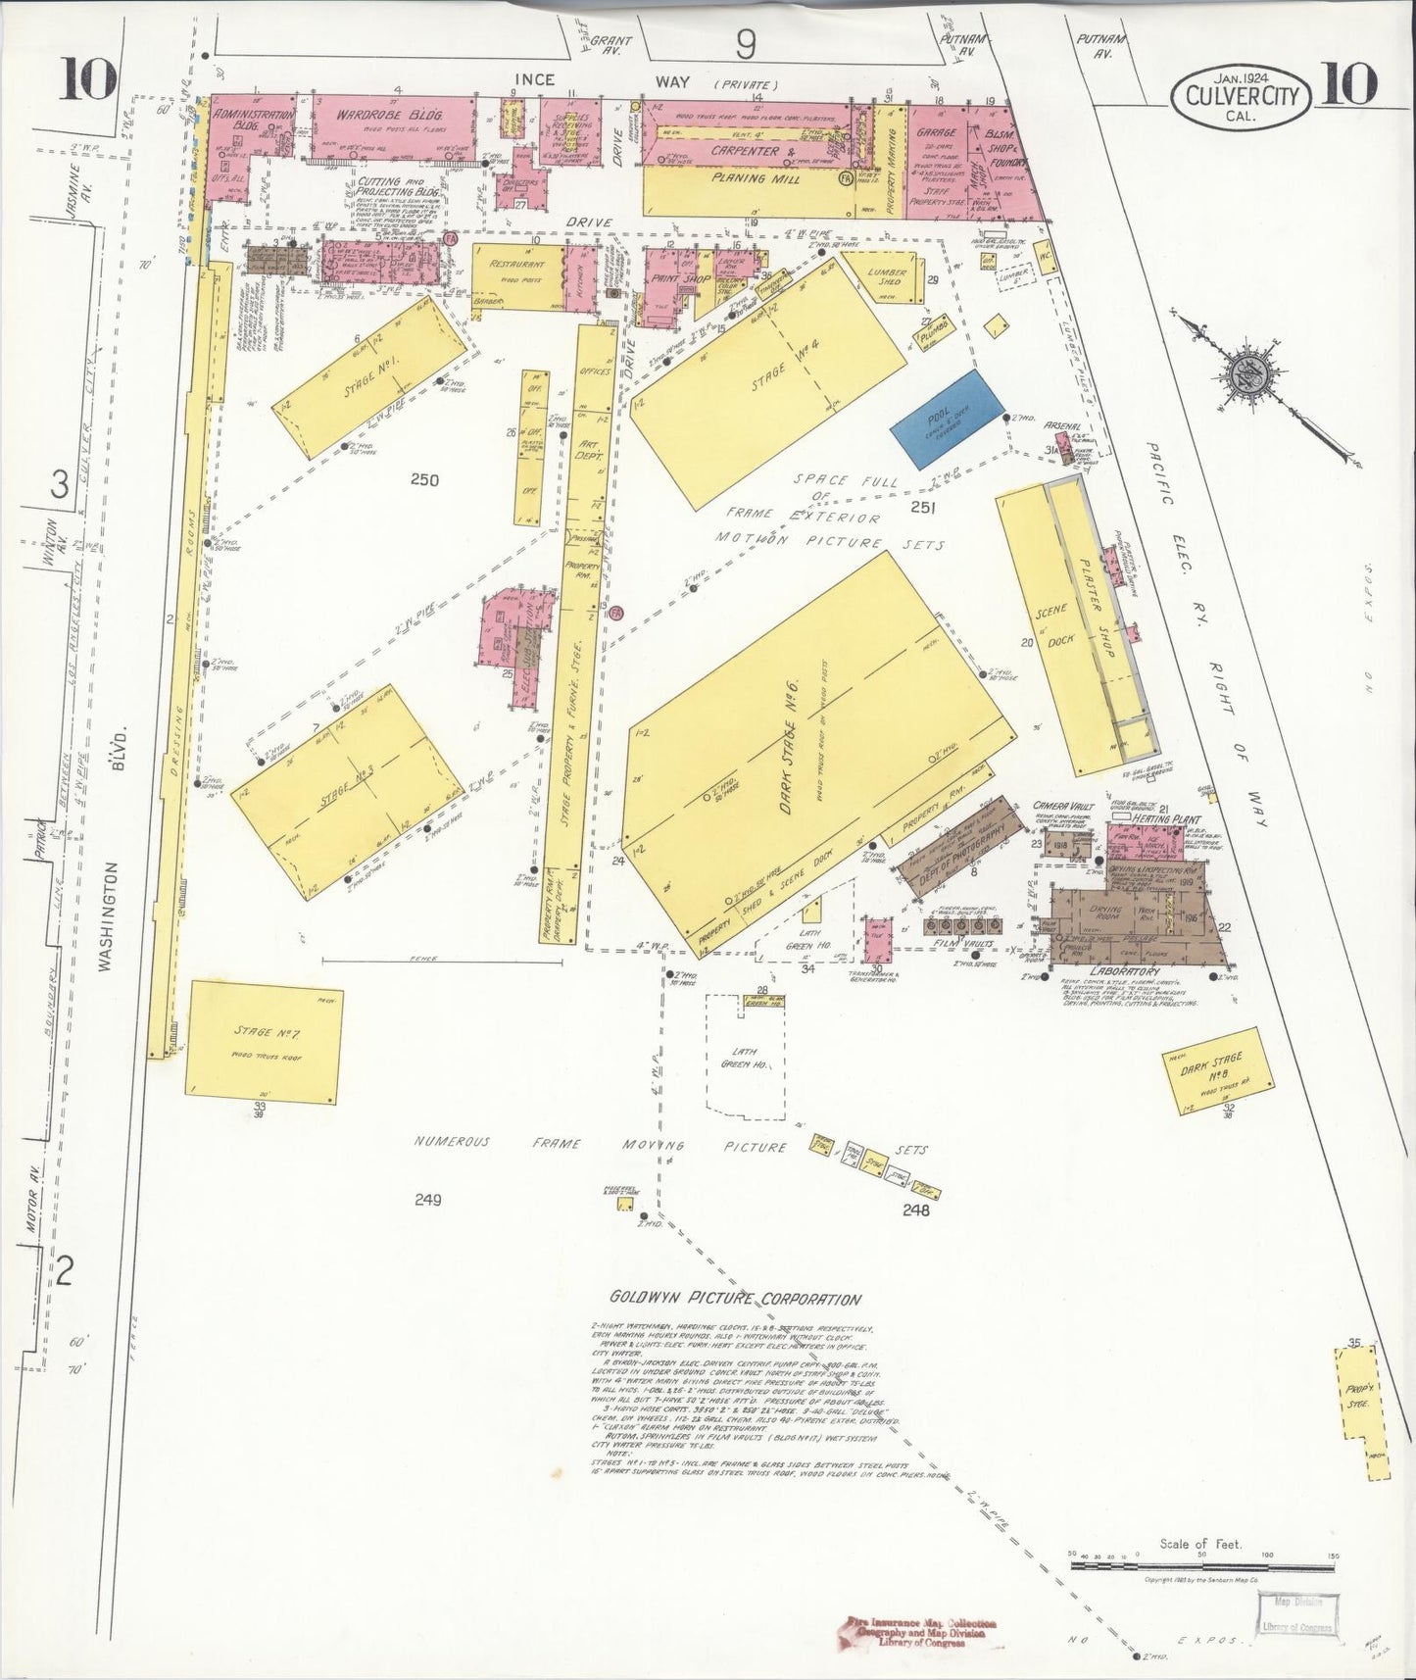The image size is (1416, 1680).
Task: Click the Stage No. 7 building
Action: tap(264, 1037)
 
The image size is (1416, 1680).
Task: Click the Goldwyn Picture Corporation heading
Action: tap(736, 1299)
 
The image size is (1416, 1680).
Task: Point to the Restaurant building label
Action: tap(518, 265)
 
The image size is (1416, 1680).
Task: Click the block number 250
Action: tap(424, 480)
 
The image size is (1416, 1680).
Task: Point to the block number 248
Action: tap(916, 1210)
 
